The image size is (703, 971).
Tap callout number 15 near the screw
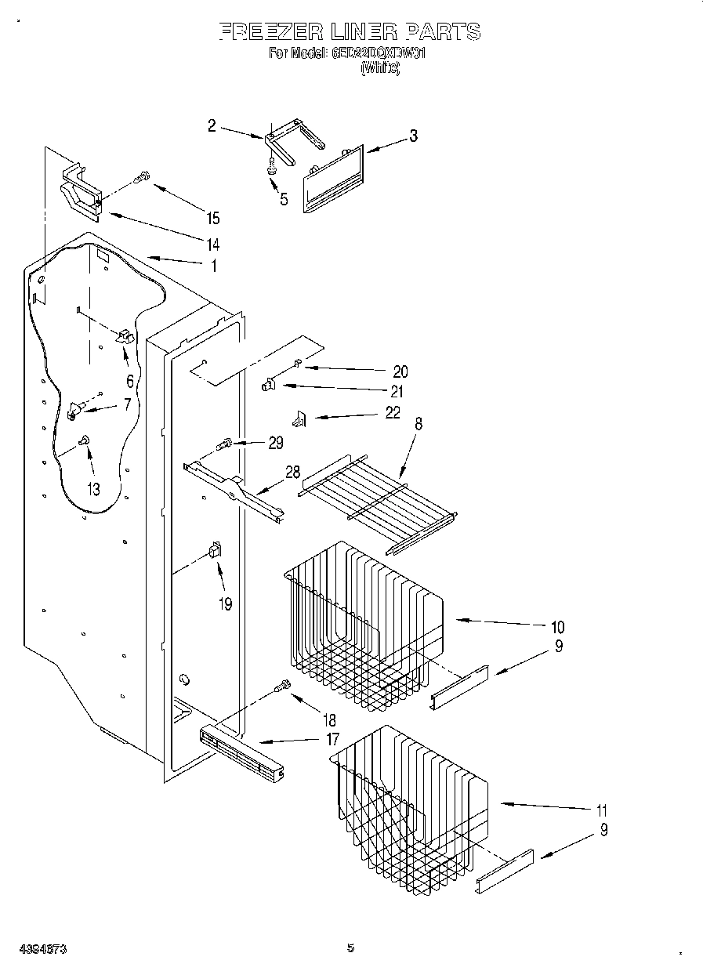click(x=212, y=219)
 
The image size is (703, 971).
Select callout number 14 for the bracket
click(x=212, y=242)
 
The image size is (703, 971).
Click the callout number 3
click(x=413, y=136)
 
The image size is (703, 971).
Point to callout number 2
click(x=212, y=125)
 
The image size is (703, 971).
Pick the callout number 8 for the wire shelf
click(x=419, y=424)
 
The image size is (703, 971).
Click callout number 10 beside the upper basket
click(x=557, y=626)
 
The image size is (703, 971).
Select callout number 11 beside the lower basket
click(x=602, y=810)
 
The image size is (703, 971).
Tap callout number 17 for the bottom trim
click(x=332, y=738)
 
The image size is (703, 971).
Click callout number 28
click(x=292, y=472)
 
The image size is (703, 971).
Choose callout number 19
click(x=226, y=604)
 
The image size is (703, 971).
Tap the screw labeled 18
click(x=281, y=687)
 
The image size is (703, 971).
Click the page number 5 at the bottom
click(x=350, y=948)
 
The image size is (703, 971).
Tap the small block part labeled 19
click(x=213, y=551)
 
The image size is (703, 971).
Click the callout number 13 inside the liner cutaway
click(x=93, y=489)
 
